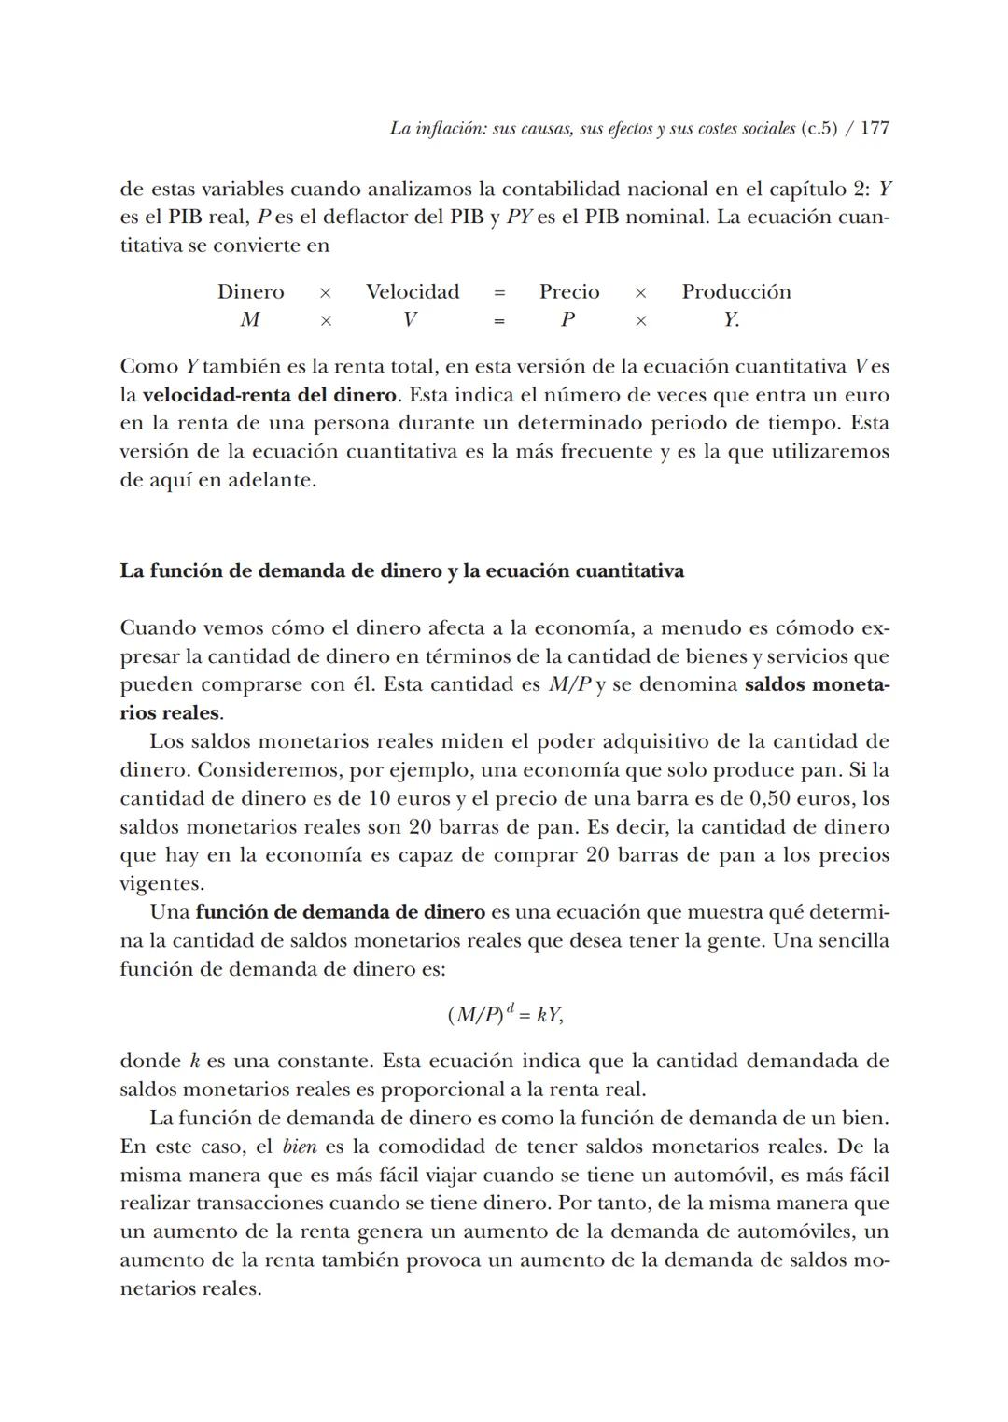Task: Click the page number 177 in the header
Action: pyautogui.click(x=874, y=129)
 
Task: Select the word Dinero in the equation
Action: pyautogui.click(x=250, y=292)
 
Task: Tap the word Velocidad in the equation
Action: pyautogui.click(x=413, y=292)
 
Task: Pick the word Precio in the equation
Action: pyautogui.click(x=569, y=292)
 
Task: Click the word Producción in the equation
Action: pyautogui.click(x=735, y=292)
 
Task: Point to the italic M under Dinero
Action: pyautogui.click(x=249, y=320)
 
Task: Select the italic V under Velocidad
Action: pyautogui.click(x=410, y=320)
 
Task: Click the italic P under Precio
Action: pyautogui.click(x=567, y=320)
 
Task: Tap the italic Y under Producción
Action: pyautogui.click(x=730, y=320)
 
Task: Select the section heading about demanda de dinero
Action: pyautogui.click(x=401, y=570)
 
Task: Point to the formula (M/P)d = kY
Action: pyautogui.click(x=505, y=1014)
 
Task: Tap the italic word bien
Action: pyautogui.click(x=299, y=1147)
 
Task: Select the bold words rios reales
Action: pyautogui.click(x=170, y=713)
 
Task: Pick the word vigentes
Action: pyautogui.click(x=161, y=884)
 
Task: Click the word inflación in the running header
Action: pyautogui.click(x=451, y=129)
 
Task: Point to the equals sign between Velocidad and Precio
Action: pyautogui.click(x=499, y=292)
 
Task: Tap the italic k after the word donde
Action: pyautogui.click(x=195, y=1061)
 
